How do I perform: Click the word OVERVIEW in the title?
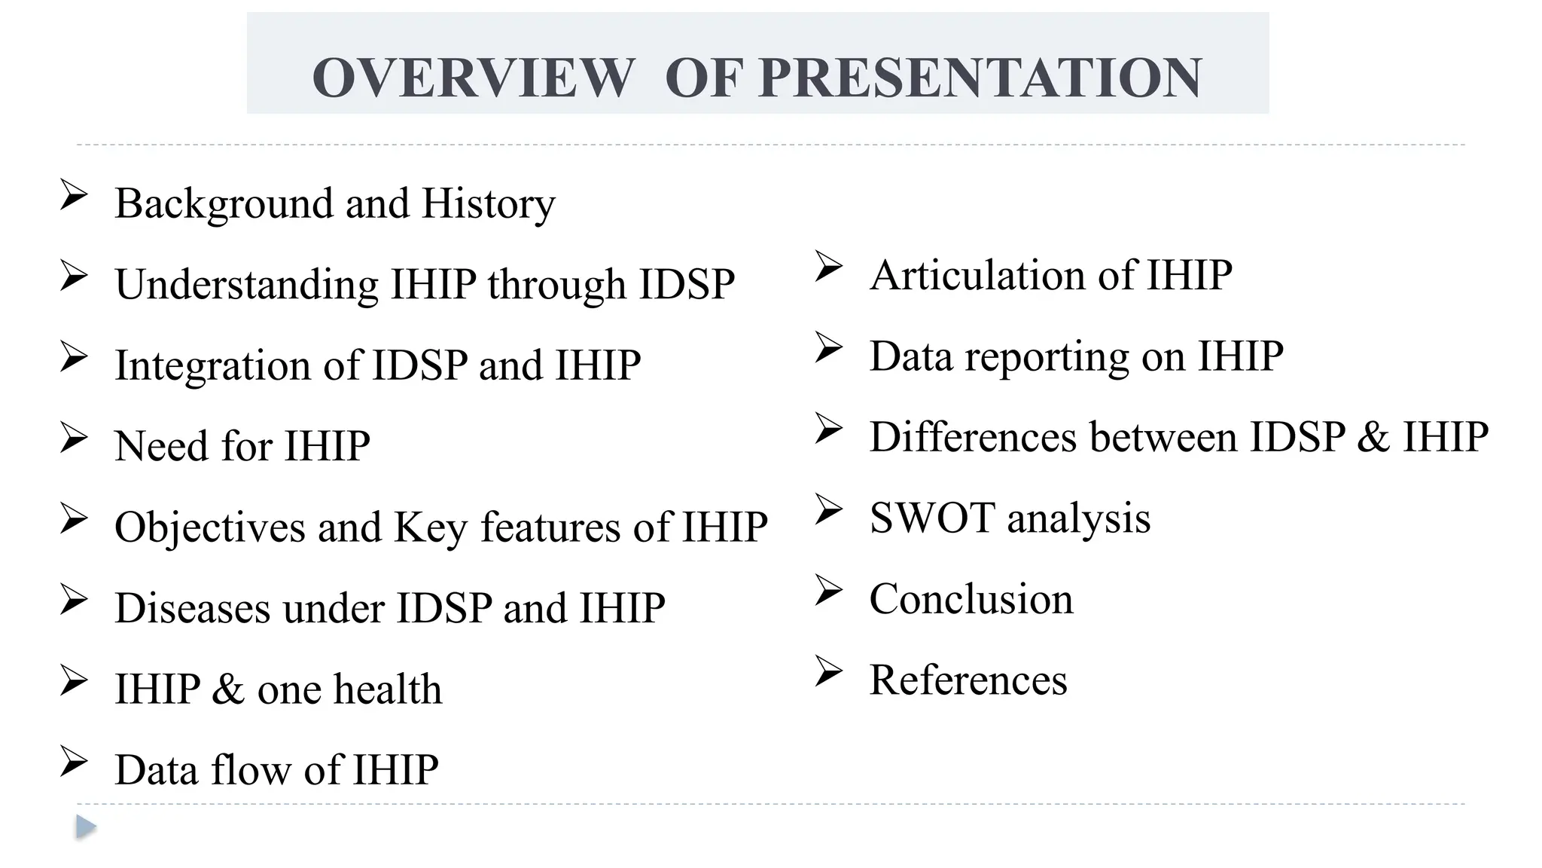474,78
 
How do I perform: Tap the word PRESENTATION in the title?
980,78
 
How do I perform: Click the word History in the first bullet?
488,203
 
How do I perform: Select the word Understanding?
246,285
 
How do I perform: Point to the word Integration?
212,366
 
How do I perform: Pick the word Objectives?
209,527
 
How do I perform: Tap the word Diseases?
192,608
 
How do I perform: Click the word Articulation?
977,275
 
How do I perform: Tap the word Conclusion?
971,600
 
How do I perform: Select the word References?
968,680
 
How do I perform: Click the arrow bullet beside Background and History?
74,196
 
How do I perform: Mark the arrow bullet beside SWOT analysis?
828,510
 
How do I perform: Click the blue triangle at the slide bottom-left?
86,827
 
